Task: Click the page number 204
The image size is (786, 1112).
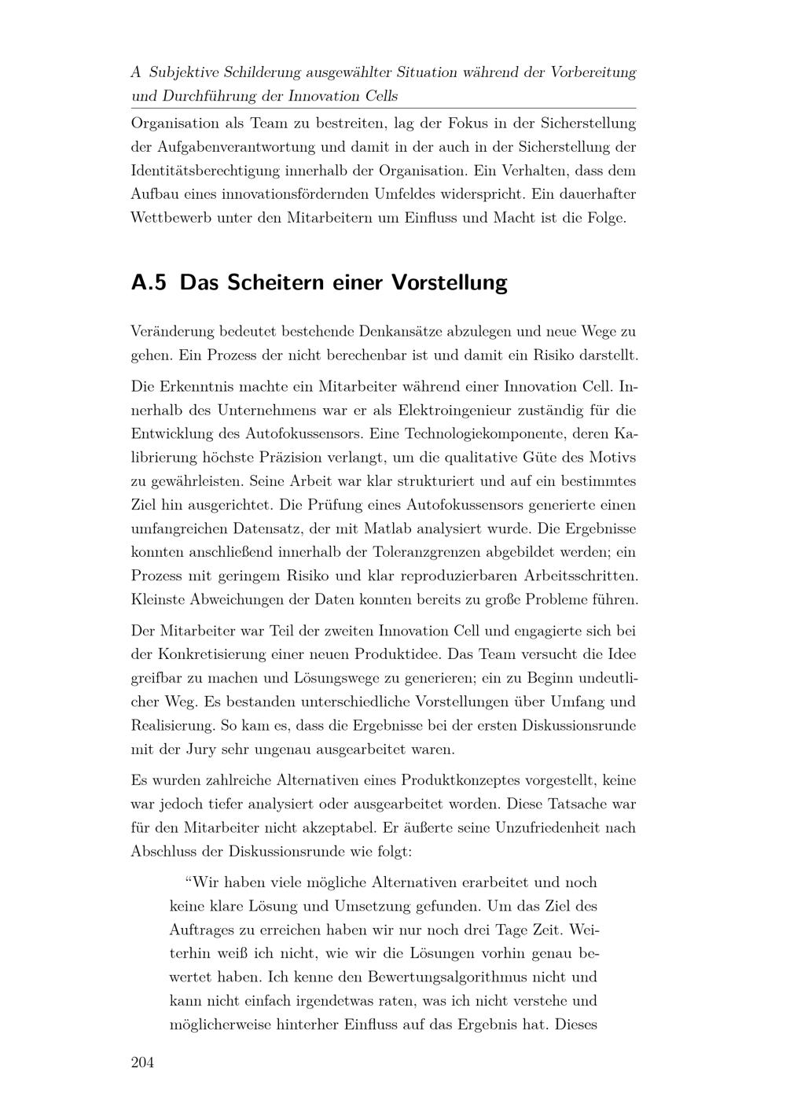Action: point(141,1063)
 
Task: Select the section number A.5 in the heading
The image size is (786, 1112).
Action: point(149,282)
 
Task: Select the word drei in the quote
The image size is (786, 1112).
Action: point(476,930)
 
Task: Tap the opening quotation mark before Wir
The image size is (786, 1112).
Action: point(189,882)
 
